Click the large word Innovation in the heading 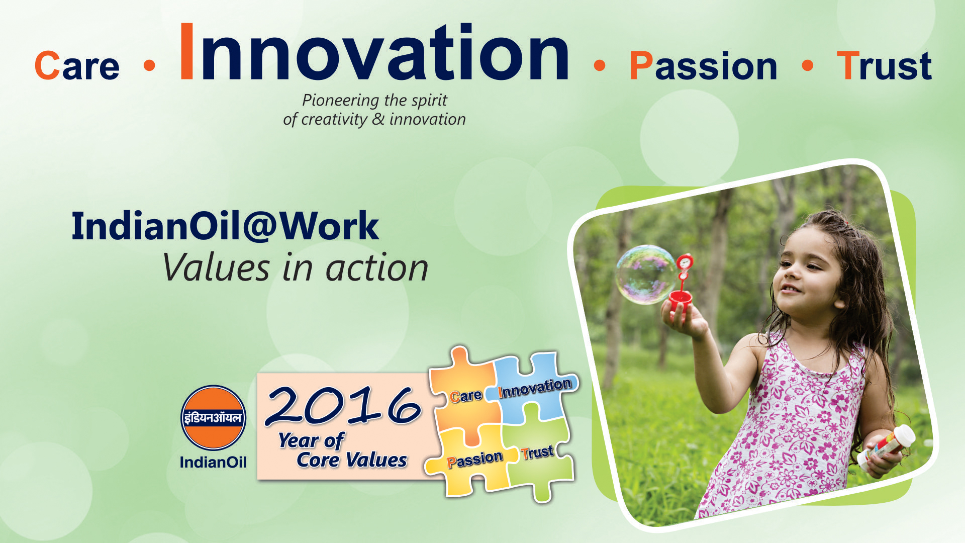(x=374, y=52)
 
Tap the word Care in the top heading (x=77, y=66)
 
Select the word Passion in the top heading (x=703, y=66)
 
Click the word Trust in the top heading (x=885, y=66)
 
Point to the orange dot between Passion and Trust (x=808, y=65)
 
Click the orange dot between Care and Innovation (x=149, y=65)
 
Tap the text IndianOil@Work (x=225, y=226)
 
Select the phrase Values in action (x=295, y=267)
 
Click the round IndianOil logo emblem (x=213, y=418)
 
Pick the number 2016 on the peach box (x=343, y=405)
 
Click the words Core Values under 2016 (x=352, y=460)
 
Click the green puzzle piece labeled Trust (x=539, y=455)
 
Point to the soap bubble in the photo (x=646, y=275)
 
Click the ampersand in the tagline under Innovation (x=378, y=119)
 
